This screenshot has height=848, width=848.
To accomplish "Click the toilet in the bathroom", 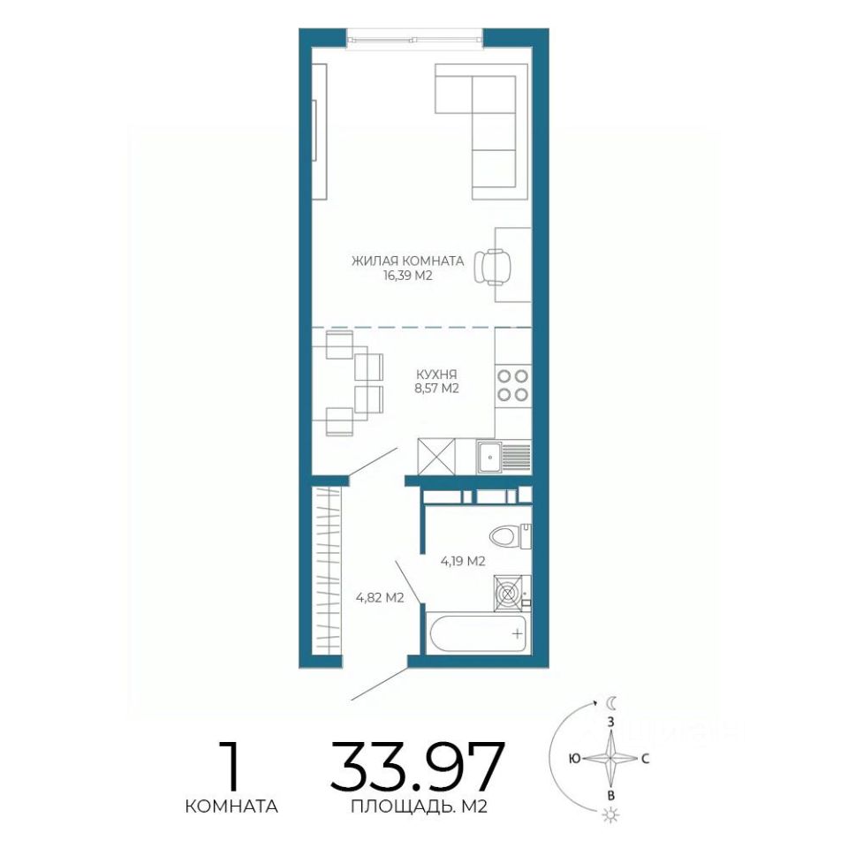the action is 510,536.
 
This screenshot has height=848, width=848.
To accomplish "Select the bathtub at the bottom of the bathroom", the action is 479,632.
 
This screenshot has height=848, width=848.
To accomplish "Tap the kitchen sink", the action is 489,458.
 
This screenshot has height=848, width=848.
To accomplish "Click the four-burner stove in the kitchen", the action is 512,386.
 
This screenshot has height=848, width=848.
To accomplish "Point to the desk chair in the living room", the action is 492,267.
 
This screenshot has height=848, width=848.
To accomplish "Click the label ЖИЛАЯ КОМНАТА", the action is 408,261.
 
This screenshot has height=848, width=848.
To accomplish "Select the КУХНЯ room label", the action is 436,375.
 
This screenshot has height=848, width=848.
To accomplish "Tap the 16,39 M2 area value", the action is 407,276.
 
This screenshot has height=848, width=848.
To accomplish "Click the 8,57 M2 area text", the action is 436,389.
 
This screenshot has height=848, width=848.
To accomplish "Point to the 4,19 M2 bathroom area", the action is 463,562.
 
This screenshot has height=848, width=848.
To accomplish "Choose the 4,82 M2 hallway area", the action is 380,598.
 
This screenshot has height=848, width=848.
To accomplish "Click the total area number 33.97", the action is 418,767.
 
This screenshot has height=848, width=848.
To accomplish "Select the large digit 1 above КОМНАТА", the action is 231,766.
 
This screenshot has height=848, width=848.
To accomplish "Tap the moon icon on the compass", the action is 611,702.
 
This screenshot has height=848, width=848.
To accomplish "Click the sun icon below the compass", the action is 611,814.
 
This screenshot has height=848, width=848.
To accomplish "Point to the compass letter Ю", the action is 575,759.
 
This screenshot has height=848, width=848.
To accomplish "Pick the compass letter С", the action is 645,759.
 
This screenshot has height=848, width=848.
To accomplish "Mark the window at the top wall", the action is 414,39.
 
